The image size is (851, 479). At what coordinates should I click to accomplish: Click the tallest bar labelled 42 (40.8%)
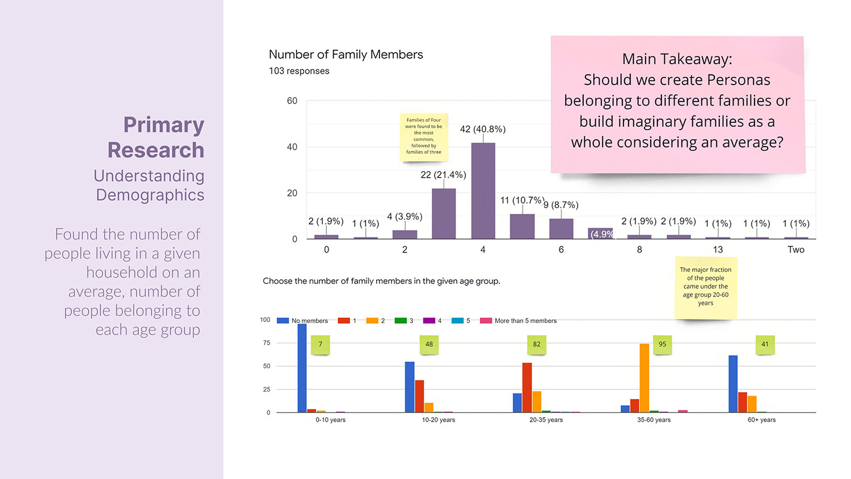tap(483, 191)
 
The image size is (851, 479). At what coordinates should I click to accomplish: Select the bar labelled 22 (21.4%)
tap(444, 213)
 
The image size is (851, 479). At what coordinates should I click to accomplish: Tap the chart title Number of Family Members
tap(346, 54)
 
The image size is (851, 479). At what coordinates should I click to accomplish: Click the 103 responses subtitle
tap(299, 71)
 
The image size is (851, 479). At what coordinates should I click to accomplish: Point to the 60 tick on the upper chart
tap(292, 101)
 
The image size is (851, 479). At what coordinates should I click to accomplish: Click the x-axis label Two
tap(795, 250)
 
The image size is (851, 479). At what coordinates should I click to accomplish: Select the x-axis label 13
tap(718, 250)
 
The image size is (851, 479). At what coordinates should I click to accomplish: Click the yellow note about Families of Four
tap(423, 136)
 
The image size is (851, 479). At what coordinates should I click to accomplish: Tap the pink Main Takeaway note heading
tap(677, 59)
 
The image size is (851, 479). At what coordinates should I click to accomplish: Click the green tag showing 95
tap(662, 344)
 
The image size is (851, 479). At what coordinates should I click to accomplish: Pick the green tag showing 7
tap(320, 344)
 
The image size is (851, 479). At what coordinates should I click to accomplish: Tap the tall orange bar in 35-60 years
tap(644, 378)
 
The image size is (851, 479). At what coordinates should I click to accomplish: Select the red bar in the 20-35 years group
tap(527, 388)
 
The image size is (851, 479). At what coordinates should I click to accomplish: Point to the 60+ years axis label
tap(761, 420)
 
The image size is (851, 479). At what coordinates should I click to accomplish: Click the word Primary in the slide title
tap(163, 125)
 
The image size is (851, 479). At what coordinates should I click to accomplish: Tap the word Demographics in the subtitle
tap(150, 195)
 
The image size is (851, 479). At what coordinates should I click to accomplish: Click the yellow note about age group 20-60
tap(705, 287)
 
